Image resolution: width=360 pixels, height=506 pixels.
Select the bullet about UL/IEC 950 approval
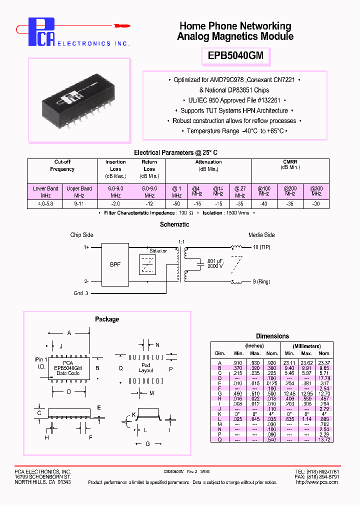click(x=234, y=100)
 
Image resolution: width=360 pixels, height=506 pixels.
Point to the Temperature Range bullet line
click(x=234, y=131)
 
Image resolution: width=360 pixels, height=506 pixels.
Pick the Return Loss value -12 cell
click(x=149, y=204)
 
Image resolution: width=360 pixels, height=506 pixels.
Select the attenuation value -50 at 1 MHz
click(x=176, y=204)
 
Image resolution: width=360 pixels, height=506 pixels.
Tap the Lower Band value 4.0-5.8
click(x=46, y=204)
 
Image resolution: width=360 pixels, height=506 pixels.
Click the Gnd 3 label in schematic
click(x=81, y=293)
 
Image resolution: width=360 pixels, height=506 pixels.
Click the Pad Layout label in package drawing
click(x=146, y=368)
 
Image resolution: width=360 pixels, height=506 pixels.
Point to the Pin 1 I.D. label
click(x=41, y=363)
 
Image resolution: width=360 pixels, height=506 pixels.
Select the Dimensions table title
click(x=272, y=336)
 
